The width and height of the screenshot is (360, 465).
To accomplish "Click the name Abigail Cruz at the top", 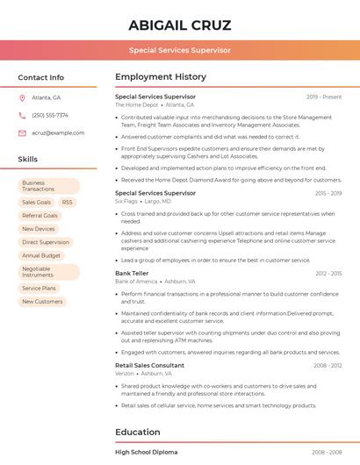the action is click(179, 24).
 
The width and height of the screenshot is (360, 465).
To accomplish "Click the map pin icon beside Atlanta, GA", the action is click(22, 98).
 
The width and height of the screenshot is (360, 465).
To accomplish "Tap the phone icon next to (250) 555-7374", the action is click(22, 116).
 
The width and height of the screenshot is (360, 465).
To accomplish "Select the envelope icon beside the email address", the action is click(22, 133).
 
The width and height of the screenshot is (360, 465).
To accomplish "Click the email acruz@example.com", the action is click(58, 133).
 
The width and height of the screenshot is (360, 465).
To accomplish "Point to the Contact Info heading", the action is click(41, 77).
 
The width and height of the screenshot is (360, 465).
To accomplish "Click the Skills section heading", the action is click(28, 160).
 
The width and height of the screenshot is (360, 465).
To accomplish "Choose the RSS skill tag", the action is click(68, 203).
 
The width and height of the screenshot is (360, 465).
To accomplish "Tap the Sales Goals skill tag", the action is click(37, 203).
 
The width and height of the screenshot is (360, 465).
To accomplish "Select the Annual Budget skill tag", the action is click(41, 255).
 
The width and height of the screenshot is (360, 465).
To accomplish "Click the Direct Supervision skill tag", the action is click(46, 242).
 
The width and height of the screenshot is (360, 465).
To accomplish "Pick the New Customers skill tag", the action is click(42, 302).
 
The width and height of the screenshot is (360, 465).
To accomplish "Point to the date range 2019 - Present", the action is click(324, 97).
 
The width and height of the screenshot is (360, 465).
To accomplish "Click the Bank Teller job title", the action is click(132, 274).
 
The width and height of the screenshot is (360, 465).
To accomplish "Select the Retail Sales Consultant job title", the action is click(149, 365).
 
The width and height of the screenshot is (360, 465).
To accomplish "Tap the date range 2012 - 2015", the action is click(328, 274).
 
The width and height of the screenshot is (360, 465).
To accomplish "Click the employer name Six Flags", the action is click(126, 201).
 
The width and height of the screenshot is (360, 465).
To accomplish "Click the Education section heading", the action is click(138, 432).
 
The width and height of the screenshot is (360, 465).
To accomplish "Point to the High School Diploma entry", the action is click(146, 452).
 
